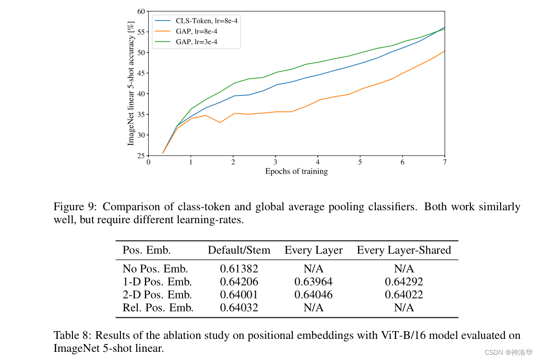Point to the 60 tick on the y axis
click(141, 11)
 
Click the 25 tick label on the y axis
click(141, 156)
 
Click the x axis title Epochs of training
click(296, 171)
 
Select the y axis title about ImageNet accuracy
click(131, 83)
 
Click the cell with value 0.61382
click(239, 269)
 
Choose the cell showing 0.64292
click(404, 282)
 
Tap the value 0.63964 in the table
click(313, 282)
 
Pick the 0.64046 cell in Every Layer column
click(313, 295)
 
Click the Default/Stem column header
click(239, 250)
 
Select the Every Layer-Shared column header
click(404, 250)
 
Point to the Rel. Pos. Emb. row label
click(158, 308)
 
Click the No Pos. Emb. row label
click(155, 269)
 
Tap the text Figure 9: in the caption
click(75, 207)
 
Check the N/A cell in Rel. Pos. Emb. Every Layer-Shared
click(404, 308)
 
